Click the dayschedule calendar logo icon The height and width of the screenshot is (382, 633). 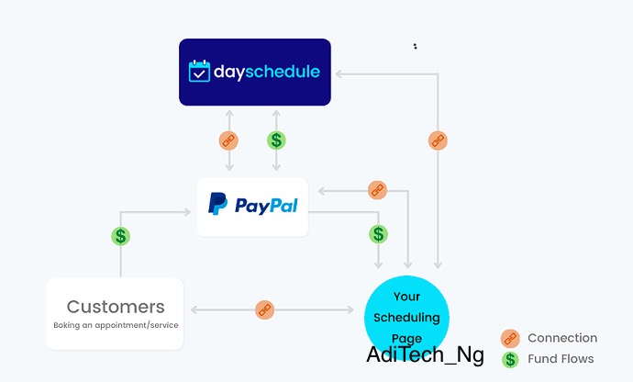(x=199, y=71)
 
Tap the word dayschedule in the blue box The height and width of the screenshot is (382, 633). (x=267, y=72)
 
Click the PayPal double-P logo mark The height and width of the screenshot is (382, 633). (x=217, y=203)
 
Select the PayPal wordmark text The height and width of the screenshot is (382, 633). (x=266, y=206)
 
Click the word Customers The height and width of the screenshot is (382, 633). (x=116, y=307)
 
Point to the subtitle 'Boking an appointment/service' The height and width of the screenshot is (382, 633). (x=116, y=325)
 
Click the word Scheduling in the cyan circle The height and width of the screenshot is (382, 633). (x=406, y=318)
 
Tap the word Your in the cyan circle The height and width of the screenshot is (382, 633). (x=407, y=297)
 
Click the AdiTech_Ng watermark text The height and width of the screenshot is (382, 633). (x=425, y=355)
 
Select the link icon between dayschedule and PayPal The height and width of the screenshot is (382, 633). (x=228, y=140)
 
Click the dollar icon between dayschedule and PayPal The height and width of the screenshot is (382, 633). (x=276, y=140)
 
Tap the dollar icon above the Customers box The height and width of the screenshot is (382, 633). (x=121, y=236)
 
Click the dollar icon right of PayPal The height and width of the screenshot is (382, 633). (x=378, y=234)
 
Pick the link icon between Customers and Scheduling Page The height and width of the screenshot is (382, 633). (x=265, y=310)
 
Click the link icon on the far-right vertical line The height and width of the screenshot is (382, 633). (x=438, y=140)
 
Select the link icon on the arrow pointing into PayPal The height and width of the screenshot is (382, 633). (x=377, y=190)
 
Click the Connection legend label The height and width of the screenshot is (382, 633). (x=562, y=338)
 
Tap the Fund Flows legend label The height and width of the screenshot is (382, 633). (x=561, y=358)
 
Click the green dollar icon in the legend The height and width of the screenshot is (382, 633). (x=510, y=359)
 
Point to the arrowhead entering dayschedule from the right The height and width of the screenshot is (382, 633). (x=339, y=74)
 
